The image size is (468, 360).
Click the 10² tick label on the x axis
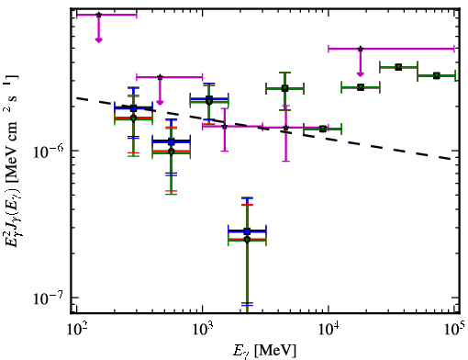click(76, 329)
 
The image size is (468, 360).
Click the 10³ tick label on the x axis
click(202, 329)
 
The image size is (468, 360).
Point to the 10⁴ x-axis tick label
click(329, 329)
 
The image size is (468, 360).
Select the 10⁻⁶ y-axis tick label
click(49, 152)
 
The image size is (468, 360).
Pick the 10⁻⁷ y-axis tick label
click(49, 298)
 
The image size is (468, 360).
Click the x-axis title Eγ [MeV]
click(264, 351)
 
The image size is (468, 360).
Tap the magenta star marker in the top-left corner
click(98, 15)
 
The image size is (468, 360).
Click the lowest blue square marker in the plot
click(247, 231)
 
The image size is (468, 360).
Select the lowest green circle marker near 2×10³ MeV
click(247, 240)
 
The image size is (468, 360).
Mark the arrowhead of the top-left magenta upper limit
click(98, 39)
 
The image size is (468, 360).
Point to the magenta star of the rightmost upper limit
click(361, 49)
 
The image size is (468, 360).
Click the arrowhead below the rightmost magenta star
click(361, 73)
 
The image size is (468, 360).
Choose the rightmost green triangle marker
click(437, 75)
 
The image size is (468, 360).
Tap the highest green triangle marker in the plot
click(398, 67)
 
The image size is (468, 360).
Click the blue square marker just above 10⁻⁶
click(172, 141)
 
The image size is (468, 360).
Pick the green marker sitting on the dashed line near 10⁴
click(322, 129)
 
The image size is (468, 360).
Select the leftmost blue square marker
click(133, 108)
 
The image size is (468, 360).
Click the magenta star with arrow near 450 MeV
click(160, 77)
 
